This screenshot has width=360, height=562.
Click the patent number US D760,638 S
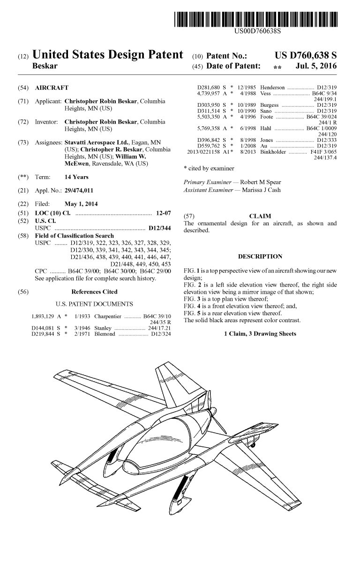coord(306,56)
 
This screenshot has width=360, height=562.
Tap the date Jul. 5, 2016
coord(316,67)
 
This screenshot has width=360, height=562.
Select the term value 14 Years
coord(76,177)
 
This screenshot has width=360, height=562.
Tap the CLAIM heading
coord(260,216)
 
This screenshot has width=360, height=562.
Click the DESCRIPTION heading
coord(260,256)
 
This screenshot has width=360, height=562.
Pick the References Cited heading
coord(94,291)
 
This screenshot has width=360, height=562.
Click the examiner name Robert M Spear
coord(261,182)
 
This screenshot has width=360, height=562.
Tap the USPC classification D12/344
coord(159,228)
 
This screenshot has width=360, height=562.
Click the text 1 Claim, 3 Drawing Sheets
coord(260,333)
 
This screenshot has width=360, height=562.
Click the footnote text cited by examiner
coord(210,168)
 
